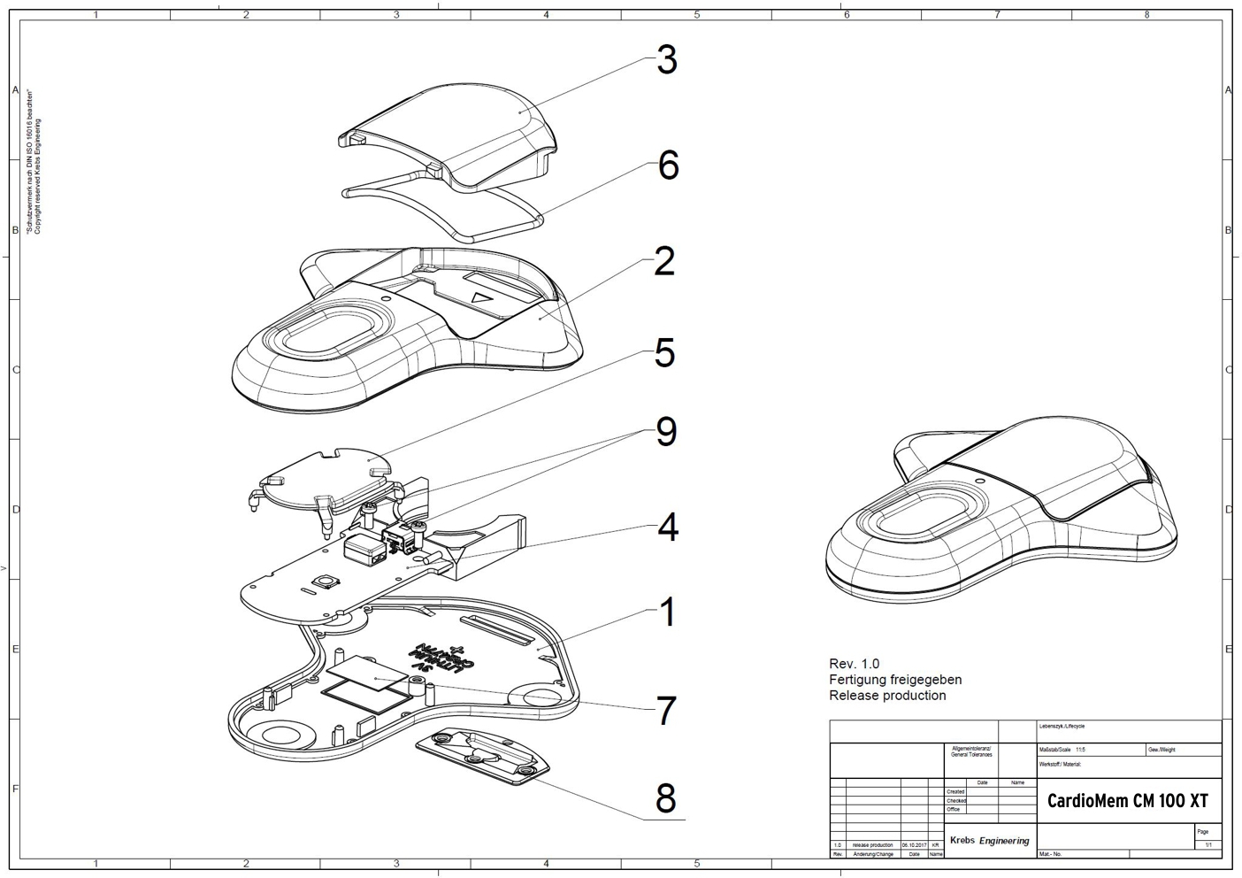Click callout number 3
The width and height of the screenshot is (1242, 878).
click(666, 60)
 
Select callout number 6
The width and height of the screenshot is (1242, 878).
click(668, 166)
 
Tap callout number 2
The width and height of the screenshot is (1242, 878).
click(664, 261)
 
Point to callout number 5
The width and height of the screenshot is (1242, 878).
click(665, 353)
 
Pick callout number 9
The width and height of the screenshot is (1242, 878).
click(666, 432)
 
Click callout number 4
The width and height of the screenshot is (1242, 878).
click(667, 527)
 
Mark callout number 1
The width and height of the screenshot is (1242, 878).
click(667, 612)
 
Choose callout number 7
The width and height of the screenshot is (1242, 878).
click(666, 711)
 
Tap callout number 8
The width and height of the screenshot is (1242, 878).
click(665, 798)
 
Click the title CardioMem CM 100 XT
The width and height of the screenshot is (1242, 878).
click(1127, 802)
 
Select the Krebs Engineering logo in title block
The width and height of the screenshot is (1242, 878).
click(989, 840)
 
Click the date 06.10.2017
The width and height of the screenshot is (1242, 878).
click(914, 845)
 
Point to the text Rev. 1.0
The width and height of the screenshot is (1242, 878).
click(854, 664)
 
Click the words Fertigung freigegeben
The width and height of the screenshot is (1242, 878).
click(894, 680)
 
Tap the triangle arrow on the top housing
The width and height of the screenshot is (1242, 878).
click(481, 299)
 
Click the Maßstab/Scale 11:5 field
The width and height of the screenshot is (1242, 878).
click(1062, 750)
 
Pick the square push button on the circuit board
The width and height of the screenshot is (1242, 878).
click(328, 581)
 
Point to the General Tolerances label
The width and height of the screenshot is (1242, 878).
click(971, 752)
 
